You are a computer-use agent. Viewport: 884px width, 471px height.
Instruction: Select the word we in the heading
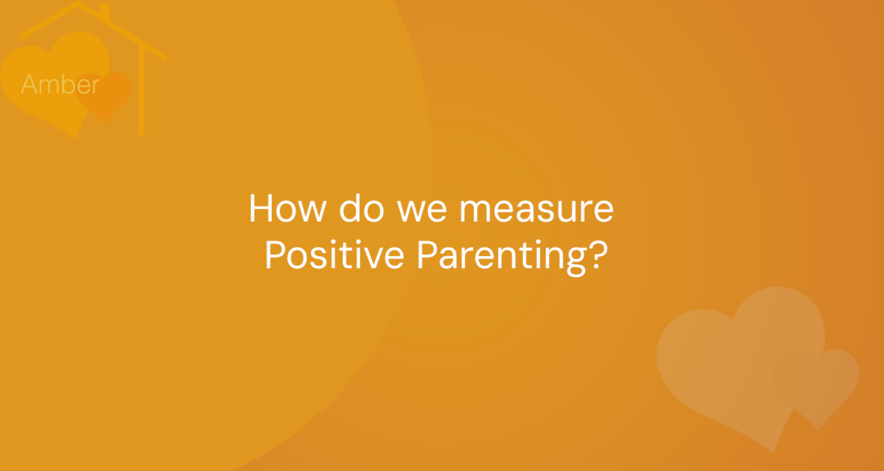[422, 212]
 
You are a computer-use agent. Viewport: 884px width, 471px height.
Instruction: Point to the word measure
[536, 212]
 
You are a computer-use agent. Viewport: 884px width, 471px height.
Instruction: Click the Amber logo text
[60, 84]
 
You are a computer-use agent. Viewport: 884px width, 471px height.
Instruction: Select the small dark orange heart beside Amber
[103, 96]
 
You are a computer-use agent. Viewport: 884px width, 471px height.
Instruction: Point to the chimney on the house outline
[104, 12]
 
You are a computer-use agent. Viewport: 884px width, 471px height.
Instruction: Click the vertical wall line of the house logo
[141, 91]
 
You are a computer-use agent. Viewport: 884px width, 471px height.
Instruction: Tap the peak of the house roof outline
[78, 2]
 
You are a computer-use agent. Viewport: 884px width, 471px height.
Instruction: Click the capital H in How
[262, 208]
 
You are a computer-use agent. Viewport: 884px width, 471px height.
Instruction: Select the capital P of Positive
[276, 254]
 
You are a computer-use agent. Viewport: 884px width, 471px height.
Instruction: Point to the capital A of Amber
[31, 84]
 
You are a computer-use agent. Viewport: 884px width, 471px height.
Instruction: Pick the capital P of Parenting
[428, 254]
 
